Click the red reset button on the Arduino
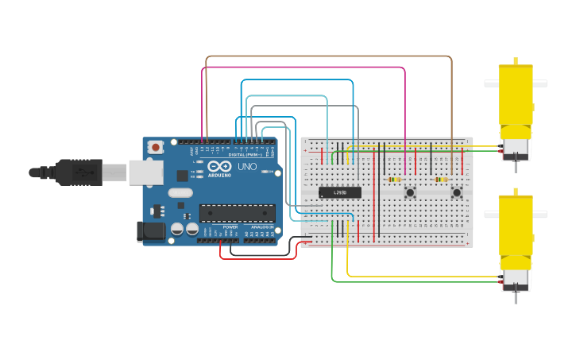coord(156,147)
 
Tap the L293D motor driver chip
coord(340,192)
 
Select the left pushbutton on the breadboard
coord(410,192)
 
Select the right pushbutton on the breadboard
coord(457,192)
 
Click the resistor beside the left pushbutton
coord(394,180)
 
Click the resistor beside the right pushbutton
coord(441,180)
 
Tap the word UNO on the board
coord(247,167)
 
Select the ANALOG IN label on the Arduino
coord(262,227)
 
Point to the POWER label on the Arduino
coord(230,227)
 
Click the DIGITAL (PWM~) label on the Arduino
coord(248,155)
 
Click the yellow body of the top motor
coord(516,95)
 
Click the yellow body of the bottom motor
coord(516,226)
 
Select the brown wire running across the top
coord(326,56)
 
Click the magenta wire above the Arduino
coord(302,68)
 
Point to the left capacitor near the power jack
coord(177,229)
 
